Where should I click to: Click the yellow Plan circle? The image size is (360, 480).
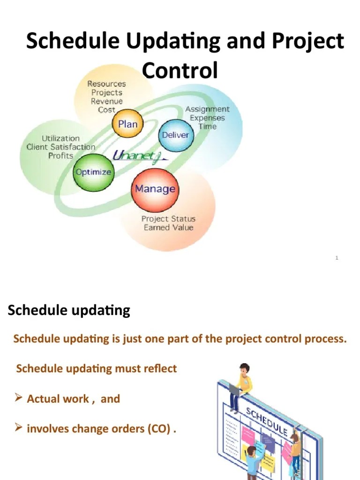127,124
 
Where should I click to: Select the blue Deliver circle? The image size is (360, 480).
175,135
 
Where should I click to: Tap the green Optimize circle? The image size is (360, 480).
94,172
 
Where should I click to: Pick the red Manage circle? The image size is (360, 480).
155,189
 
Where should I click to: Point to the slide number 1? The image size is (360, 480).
337,258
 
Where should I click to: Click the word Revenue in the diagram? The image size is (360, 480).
107,101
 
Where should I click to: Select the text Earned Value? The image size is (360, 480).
168,228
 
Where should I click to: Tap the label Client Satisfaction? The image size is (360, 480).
60,147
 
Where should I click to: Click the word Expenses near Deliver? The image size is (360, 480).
207,118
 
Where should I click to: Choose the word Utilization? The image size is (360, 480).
61,139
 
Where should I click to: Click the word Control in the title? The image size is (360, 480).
180,71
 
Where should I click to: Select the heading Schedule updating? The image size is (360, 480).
69,310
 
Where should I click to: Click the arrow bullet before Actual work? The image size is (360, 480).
19,398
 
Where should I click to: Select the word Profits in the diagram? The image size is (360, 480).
60,156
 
